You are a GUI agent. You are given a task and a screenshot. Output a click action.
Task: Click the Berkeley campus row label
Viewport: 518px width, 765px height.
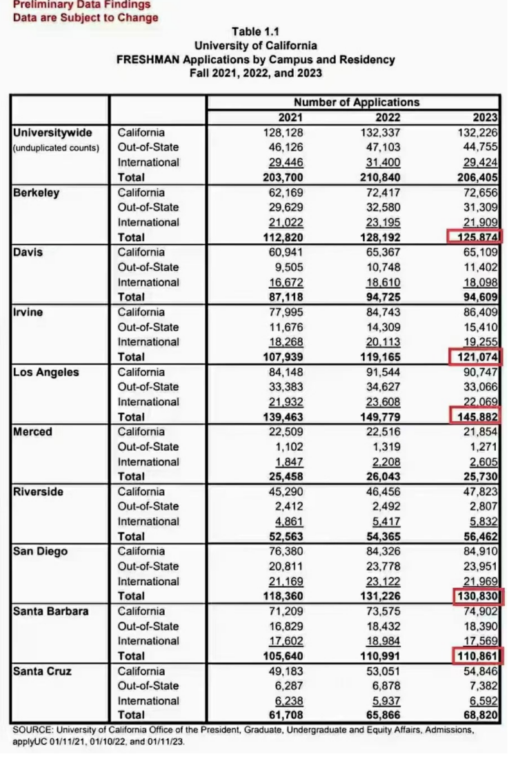(37, 193)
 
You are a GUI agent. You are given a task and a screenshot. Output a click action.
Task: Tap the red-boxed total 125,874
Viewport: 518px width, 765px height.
(475, 237)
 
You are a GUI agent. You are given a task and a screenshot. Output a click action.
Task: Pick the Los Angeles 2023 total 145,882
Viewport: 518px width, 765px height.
(475, 417)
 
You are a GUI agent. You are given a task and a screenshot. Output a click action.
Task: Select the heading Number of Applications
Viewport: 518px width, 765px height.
(357, 102)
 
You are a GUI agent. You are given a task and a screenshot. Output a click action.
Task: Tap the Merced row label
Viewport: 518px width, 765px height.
(34, 432)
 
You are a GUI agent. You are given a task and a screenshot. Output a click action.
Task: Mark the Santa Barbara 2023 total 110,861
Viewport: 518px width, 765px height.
(475, 655)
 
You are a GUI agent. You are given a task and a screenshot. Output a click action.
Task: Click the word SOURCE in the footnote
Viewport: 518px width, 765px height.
(33, 730)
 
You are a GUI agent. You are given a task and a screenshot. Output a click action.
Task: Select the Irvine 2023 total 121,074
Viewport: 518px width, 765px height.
(475, 357)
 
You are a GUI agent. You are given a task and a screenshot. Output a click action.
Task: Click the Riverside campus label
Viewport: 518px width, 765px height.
(39, 491)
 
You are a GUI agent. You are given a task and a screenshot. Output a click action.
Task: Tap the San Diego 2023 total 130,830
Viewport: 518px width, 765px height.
(475, 596)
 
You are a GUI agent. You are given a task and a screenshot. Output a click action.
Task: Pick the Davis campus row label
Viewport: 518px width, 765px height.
(28, 252)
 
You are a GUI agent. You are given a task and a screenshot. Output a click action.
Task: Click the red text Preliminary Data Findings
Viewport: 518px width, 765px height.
(81, 5)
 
